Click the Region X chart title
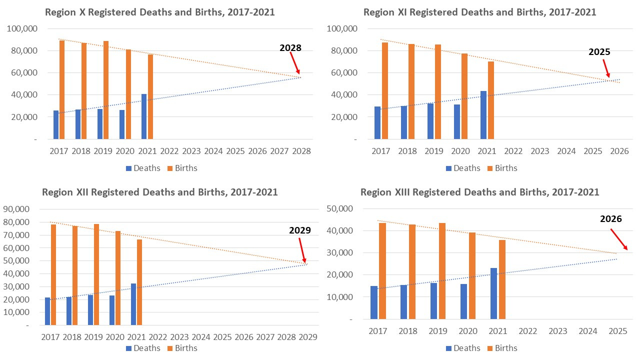click(x=159, y=12)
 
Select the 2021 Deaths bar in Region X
click(x=144, y=116)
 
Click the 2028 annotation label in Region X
click(x=290, y=48)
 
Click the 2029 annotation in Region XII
click(x=300, y=230)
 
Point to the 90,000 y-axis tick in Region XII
click(x=17, y=209)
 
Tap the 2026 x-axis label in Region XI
click(x=619, y=151)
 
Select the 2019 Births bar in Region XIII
click(x=441, y=270)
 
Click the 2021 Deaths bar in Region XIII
click(x=494, y=293)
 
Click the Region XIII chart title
click(x=479, y=192)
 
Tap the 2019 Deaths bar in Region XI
click(x=430, y=121)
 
